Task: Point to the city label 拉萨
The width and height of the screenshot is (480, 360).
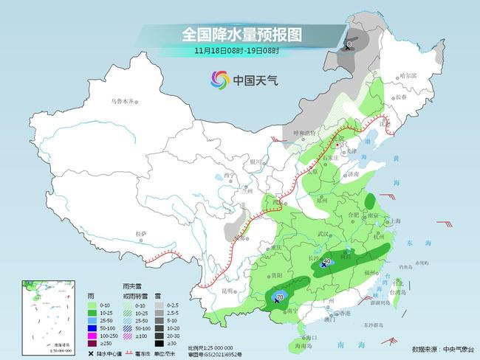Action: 140,234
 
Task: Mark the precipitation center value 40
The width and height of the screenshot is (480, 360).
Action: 327,260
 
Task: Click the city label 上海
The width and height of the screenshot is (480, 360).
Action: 397,221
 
